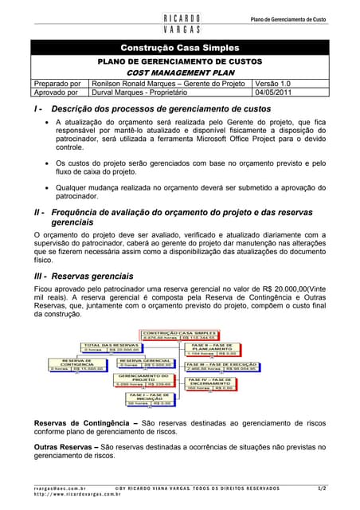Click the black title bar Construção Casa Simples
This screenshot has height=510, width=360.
tap(179, 48)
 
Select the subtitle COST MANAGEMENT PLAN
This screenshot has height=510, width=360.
tap(179, 72)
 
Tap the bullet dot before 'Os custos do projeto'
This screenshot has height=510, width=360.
tap(48, 163)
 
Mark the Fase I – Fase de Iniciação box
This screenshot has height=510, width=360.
tap(148, 398)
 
